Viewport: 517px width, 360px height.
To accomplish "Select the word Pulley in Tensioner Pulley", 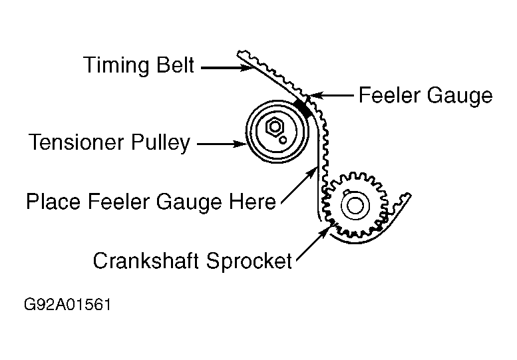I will pos(162,143).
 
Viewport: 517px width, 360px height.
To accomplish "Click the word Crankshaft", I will pos(146,260).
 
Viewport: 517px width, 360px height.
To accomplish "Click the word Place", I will pos(53,201).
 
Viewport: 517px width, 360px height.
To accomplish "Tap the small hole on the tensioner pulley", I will pos(284,140).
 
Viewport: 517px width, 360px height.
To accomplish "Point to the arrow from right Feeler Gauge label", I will pos(333,95).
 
